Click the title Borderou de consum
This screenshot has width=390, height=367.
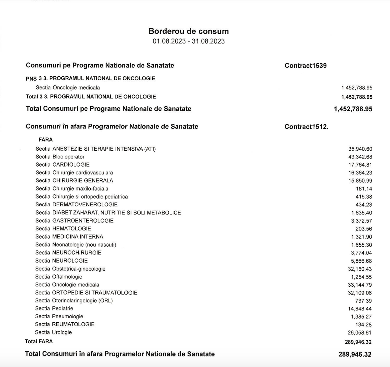point(188,31)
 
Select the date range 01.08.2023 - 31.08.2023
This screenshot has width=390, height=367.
point(188,41)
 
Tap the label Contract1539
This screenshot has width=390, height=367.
point(305,65)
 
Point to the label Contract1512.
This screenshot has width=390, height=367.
point(306,127)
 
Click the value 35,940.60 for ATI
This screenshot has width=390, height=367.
point(360,149)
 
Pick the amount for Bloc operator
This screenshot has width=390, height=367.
point(360,157)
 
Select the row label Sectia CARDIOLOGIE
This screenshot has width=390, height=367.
point(62,165)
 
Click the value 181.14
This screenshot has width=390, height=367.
point(364,189)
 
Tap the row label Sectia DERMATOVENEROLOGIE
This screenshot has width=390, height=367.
point(77,205)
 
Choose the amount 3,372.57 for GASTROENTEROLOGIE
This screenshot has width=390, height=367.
point(361,221)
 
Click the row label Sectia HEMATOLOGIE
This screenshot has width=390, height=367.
point(63,229)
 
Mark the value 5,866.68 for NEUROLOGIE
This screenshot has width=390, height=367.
point(361,261)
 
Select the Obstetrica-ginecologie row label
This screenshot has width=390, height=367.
point(70,269)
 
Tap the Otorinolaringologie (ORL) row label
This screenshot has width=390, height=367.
point(74,301)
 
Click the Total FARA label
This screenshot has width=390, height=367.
point(39,341)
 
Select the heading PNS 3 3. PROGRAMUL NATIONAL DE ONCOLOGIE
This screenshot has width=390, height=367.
point(90,78)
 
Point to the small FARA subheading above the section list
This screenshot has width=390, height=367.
point(46,140)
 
